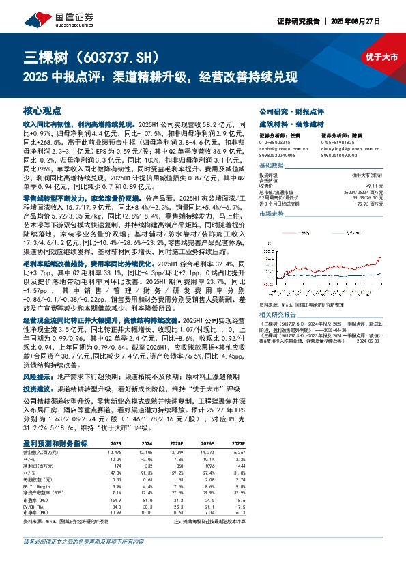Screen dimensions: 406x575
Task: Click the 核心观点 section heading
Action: tap(42, 109)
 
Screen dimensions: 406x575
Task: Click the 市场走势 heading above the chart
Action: tap(272, 214)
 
